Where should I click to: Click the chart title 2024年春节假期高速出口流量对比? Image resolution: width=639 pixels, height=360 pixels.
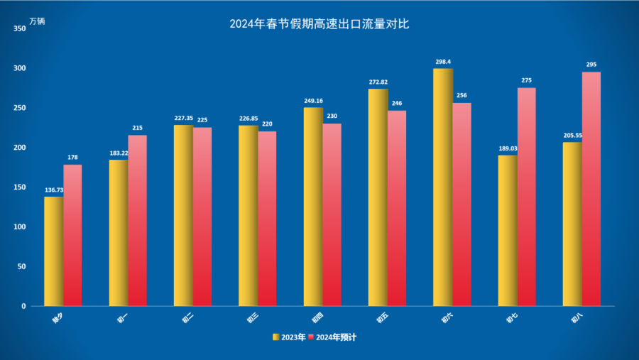coord(319,23)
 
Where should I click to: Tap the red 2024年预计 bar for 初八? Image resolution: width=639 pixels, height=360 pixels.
coord(591,188)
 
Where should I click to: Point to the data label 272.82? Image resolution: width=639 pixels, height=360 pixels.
coord(378,82)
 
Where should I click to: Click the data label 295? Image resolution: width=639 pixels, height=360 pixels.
coord(591,65)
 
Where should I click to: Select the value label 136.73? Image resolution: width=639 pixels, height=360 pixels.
coord(54,190)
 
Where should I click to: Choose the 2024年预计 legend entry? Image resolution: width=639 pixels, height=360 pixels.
coord(334,337)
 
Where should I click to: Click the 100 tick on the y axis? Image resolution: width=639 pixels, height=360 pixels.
coord(19,227)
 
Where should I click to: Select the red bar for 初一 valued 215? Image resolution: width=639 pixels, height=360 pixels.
coord(137,220)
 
